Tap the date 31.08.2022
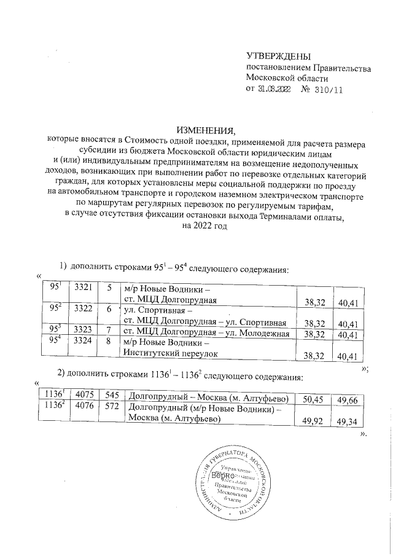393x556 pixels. point(274,89)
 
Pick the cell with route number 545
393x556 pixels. point(110,396)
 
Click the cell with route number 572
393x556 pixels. point(110,406)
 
